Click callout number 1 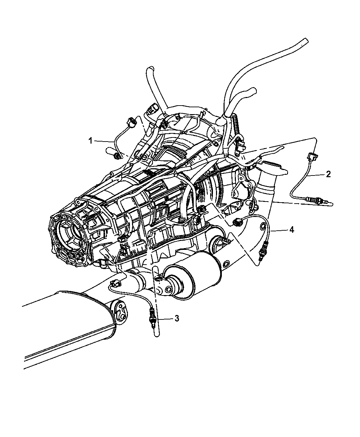[91, 141]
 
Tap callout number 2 [328, 174]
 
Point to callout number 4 [291, 230]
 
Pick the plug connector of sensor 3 [116, 283]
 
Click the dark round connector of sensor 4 [238, 222]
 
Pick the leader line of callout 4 [279, 230]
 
